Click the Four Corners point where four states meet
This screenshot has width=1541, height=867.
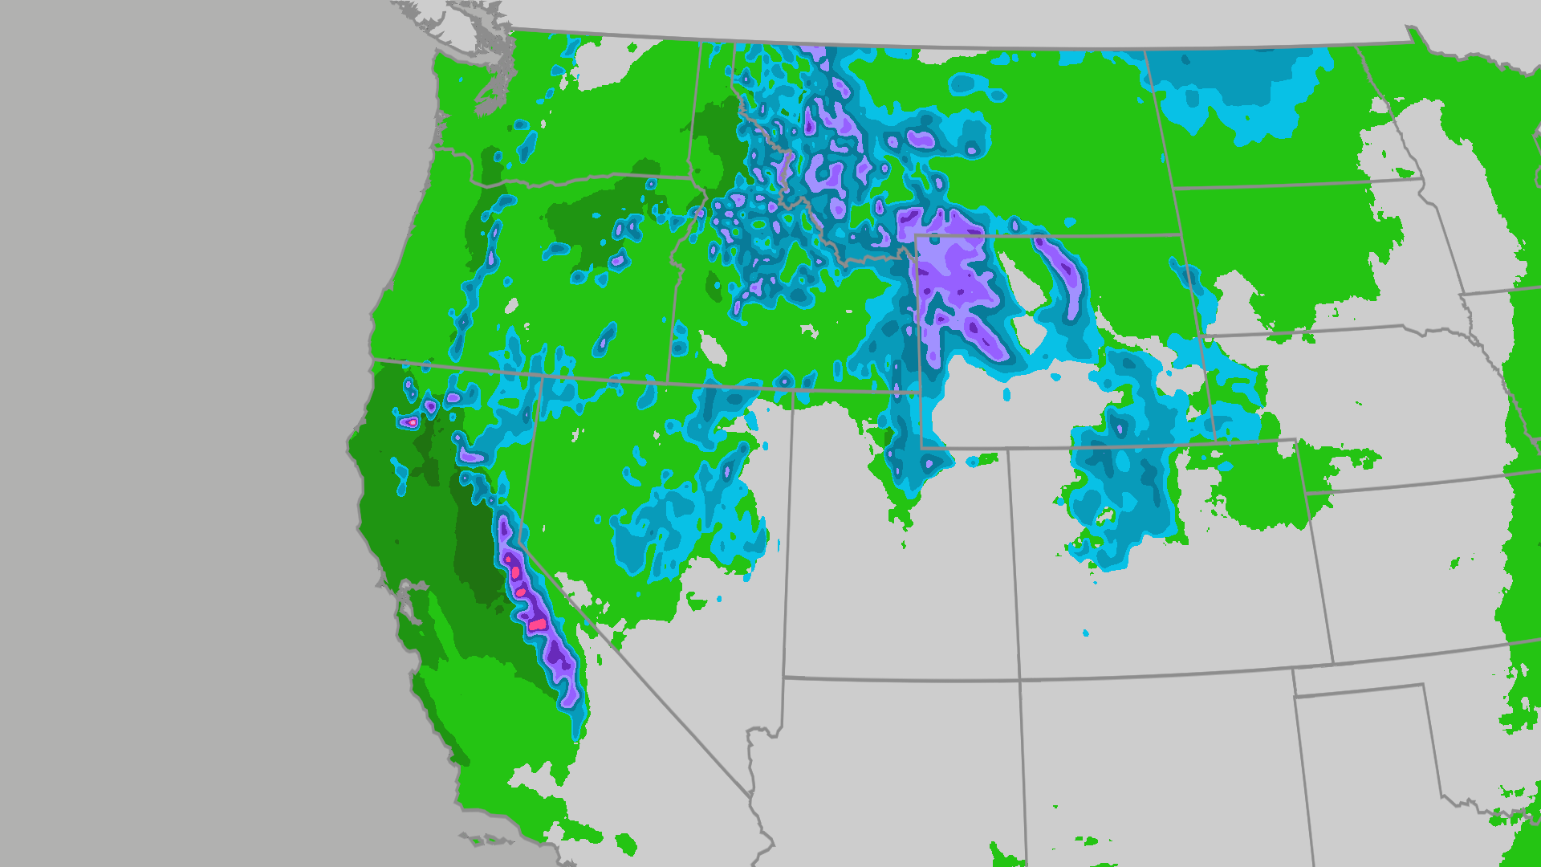click(1020, 680)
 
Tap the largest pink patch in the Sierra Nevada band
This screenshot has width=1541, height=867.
click(536, 624)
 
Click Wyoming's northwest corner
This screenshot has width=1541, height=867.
click(917, 237)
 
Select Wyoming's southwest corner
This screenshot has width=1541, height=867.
click(921, 447)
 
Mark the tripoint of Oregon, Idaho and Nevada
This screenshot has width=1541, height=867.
click(668, 383)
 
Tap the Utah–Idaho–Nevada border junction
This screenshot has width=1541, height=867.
click(793, 390)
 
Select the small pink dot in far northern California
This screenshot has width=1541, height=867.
click(412, 421)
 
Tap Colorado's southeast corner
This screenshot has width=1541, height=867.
click(1333, 663)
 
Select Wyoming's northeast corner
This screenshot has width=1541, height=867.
click(1179, 234)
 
